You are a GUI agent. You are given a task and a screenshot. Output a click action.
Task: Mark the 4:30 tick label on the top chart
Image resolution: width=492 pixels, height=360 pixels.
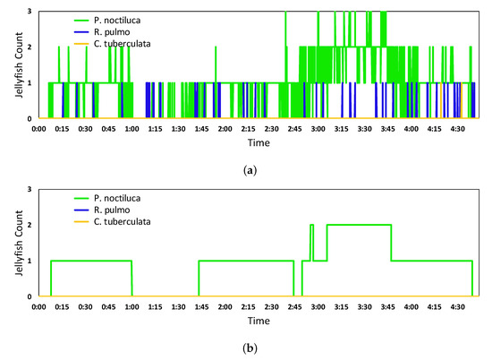459,128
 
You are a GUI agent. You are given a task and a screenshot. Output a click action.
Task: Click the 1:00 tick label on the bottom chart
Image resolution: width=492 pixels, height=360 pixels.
131,307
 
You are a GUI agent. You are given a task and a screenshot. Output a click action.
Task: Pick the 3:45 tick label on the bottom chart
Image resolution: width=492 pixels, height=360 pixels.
389,307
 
